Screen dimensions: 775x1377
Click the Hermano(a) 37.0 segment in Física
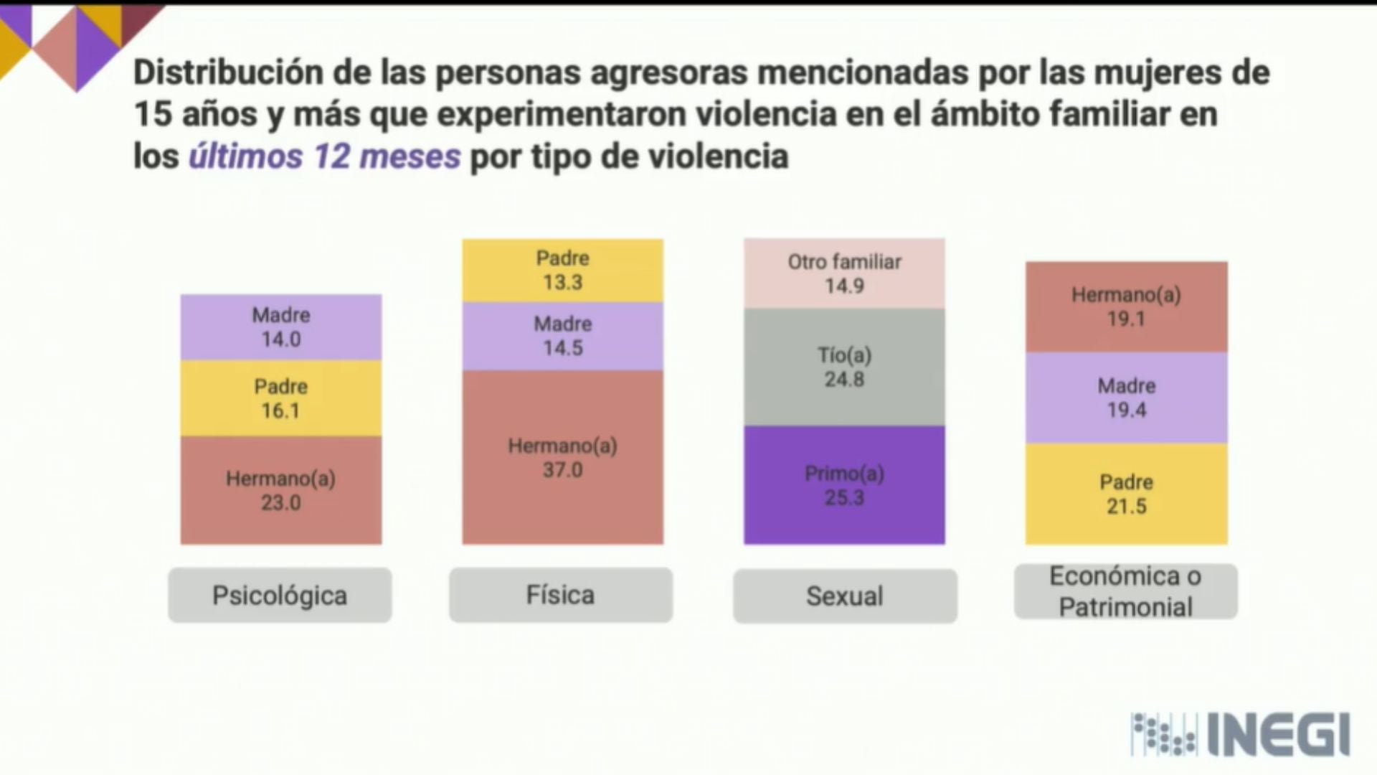(562, 457)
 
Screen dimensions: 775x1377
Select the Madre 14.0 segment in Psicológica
(280, 327)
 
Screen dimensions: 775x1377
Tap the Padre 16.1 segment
(280, 398)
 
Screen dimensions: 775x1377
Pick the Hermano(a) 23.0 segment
(280, 490)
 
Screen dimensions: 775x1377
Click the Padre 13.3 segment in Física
(562, 271)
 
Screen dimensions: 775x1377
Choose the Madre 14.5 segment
(562, 336)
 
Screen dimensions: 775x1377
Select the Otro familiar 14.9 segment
(844, 273)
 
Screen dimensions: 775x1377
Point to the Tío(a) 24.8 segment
(844, 367)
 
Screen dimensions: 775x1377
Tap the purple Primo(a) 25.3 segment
(844, 485)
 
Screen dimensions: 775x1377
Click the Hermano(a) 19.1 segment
(1126, 306)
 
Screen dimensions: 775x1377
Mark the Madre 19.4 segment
(1126, 398)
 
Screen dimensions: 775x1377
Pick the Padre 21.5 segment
(1126, 494)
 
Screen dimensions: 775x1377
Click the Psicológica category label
(280, 595)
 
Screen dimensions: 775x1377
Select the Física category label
(561, 595)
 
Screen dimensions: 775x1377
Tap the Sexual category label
(845, 596)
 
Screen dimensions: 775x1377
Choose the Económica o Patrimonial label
(1125, 591)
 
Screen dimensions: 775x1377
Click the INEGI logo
(1241, 734)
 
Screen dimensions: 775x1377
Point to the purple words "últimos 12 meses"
(324, 156)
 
